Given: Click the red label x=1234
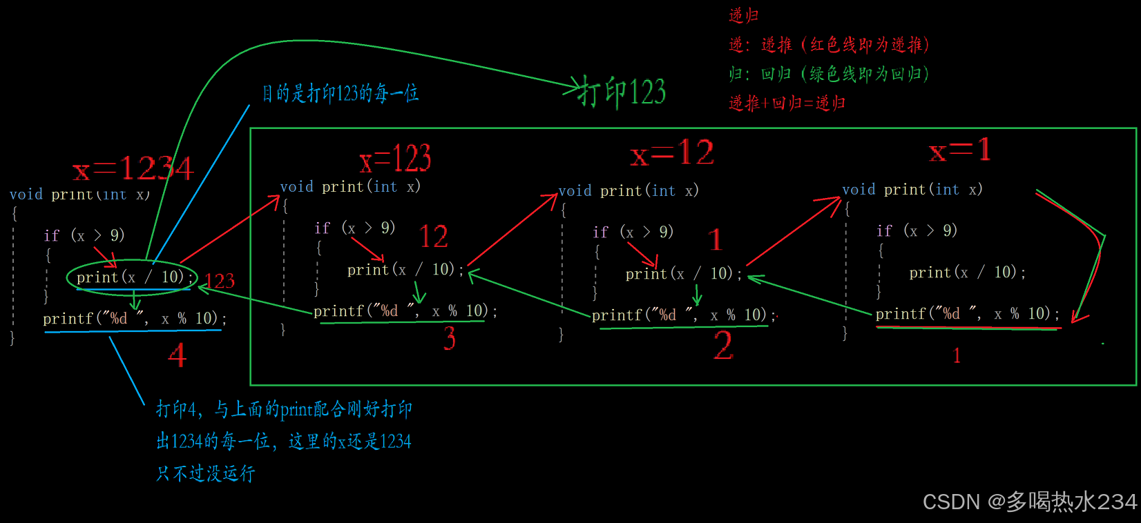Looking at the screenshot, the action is click(133, 168).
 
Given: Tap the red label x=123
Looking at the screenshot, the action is click(395, 159).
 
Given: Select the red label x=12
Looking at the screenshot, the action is click(672, 153).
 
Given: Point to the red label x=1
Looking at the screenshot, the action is click(960, 150).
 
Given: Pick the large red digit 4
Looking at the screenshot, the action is click(178, 355).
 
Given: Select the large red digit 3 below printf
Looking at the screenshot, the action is click(450, 338).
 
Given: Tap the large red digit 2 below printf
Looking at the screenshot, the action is click(723, 345).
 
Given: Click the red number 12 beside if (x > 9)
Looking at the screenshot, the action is click(434, 237).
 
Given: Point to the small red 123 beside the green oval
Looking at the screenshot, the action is click(220, 281).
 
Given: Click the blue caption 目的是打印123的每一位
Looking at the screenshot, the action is click(341, 93).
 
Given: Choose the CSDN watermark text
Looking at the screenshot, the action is click(1029, 502).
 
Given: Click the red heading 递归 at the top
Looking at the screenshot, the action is click(744, 15).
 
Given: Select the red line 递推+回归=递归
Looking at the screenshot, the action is click(787, 103).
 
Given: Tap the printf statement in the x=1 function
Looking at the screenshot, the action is click(967, 314).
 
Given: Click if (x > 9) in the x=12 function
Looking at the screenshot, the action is click(633, 232).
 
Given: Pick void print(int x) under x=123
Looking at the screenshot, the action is click(350, 187).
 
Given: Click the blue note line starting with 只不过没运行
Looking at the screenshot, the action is click(206, 473).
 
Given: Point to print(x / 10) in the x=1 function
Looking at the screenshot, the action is click(967, 273).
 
